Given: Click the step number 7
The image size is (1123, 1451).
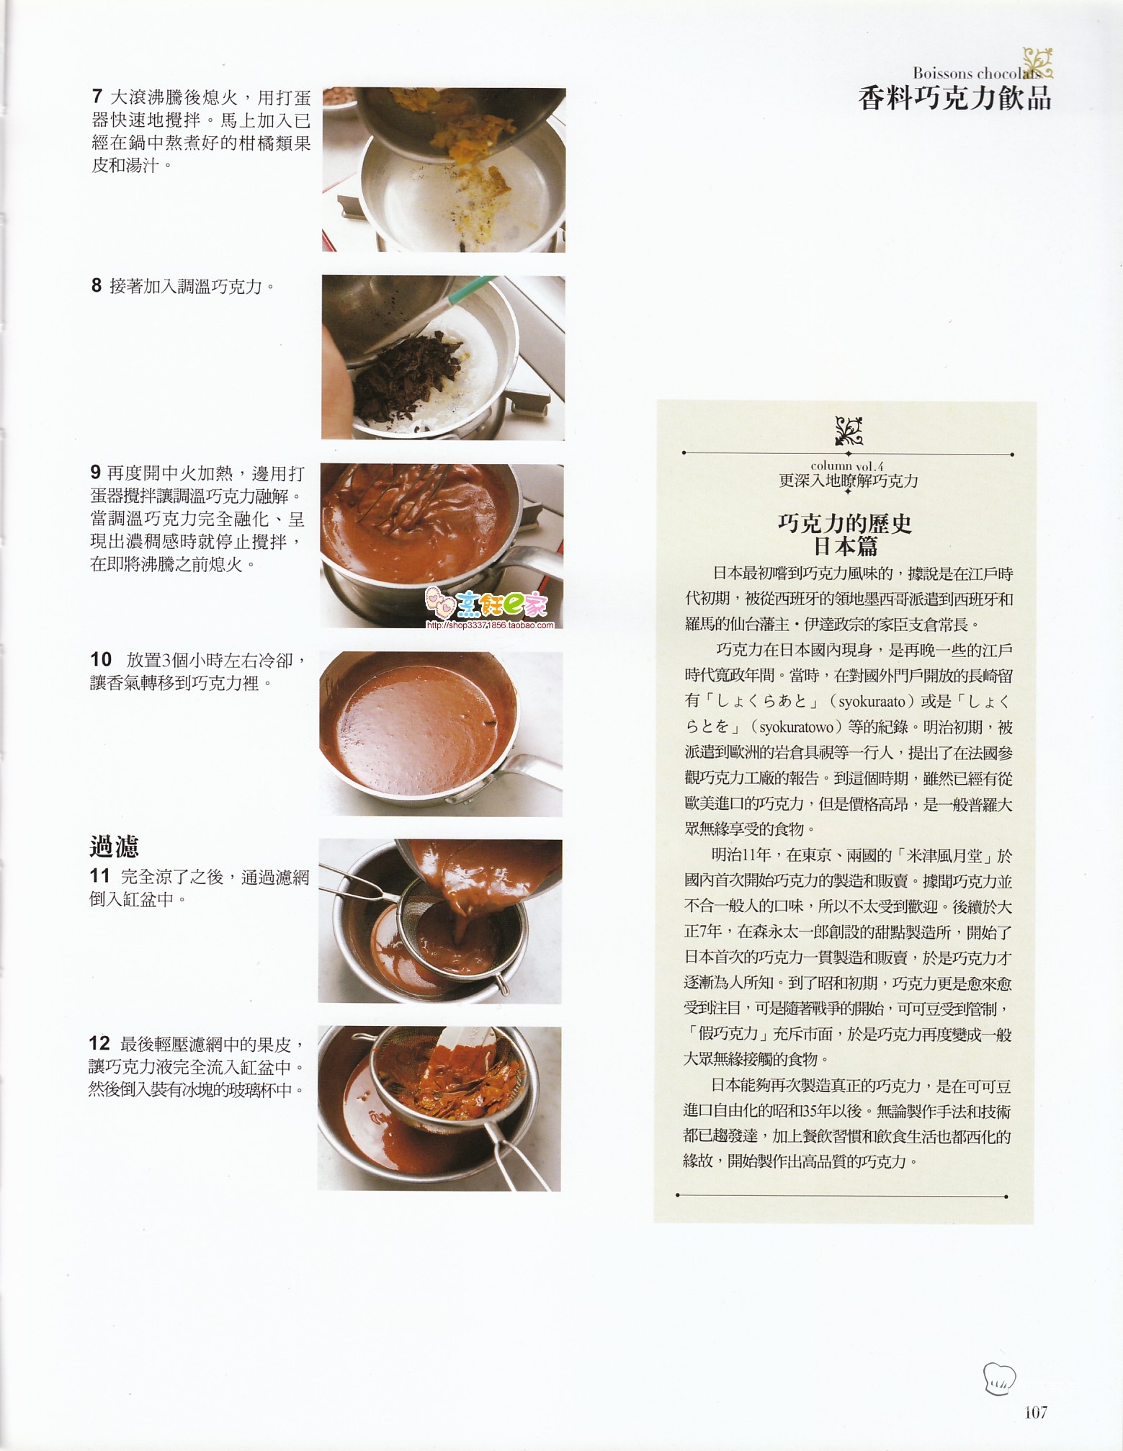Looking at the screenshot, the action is coord(97,97).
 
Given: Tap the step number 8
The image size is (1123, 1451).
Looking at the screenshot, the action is coord(97,286).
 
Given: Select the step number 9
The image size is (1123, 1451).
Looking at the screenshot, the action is coord(96,473).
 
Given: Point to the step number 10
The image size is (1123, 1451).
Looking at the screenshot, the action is coord(102,659).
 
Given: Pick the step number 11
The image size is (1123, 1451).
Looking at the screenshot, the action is coord(100,876).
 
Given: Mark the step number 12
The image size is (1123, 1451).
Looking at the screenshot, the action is coord(99,1043).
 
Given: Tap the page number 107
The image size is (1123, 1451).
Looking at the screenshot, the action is coord(1034,1412).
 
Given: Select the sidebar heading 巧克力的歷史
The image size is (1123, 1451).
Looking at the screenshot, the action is coord(845,524).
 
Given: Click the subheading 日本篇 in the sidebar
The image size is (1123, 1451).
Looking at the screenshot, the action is coord(846,547).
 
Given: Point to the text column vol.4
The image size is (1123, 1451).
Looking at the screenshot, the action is coord(847,466).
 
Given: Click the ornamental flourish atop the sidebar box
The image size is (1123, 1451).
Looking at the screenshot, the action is coord(849,432).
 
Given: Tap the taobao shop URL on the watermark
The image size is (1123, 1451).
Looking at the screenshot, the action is coord(491,625).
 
